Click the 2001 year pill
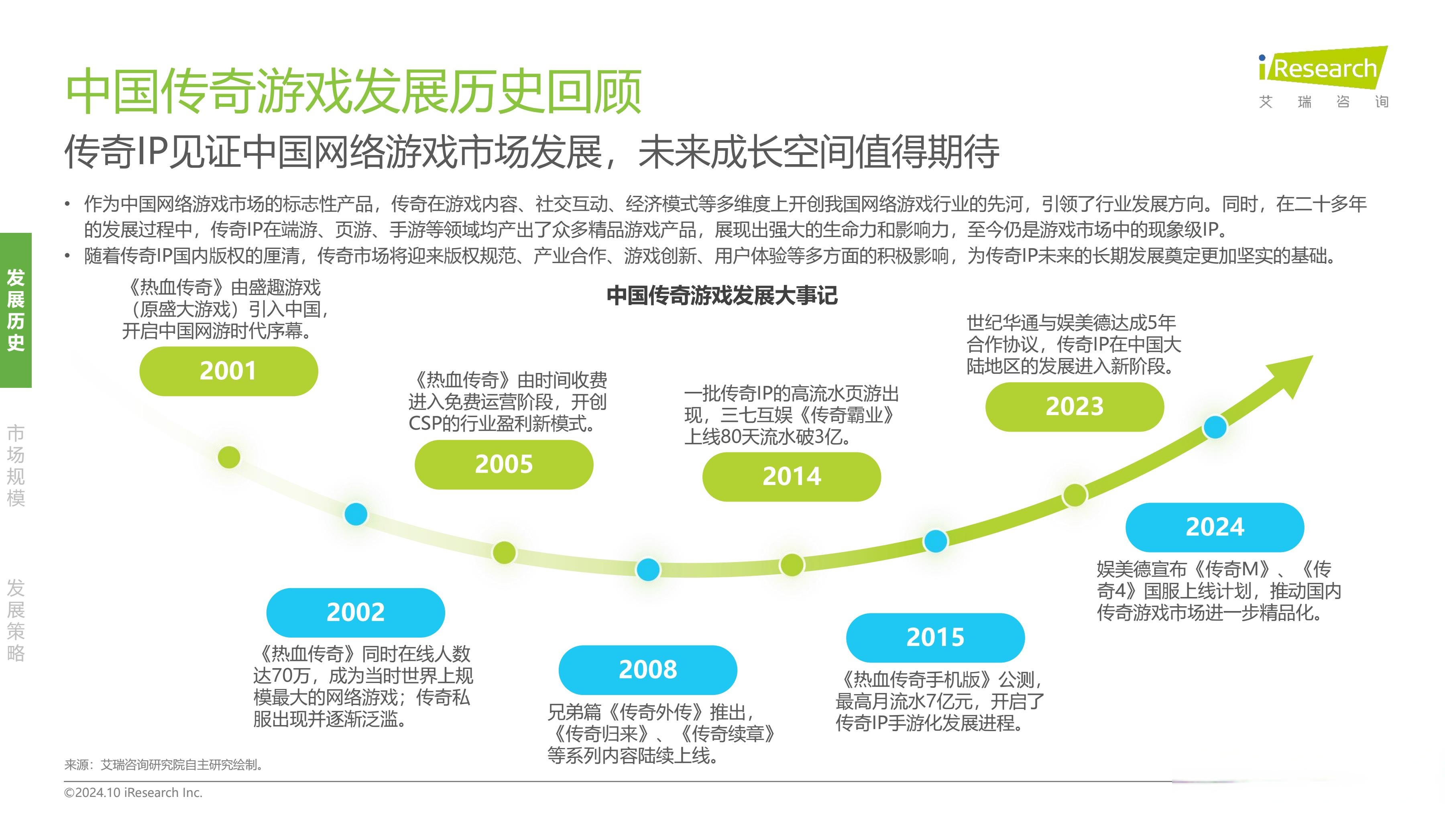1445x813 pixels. pos(228,371)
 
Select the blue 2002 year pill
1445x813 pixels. pos(355,612)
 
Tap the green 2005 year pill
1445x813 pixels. pos(504,465)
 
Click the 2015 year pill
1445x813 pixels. pos(935,638)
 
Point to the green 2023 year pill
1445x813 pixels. pos(1074,407)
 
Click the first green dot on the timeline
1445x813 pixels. pos(229,457)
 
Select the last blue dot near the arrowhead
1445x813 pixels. pos(1215,428)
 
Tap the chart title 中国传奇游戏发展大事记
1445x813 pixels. pos(722,295)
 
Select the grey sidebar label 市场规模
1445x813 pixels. pos(16,465)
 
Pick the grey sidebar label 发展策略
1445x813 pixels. pos(16,620)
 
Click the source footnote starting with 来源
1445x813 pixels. pos(164,765)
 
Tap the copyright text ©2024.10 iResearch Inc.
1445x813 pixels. pos(133,792)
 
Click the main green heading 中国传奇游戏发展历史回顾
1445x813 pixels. pos(353,92)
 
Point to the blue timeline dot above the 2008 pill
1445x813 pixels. pos(648,569)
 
